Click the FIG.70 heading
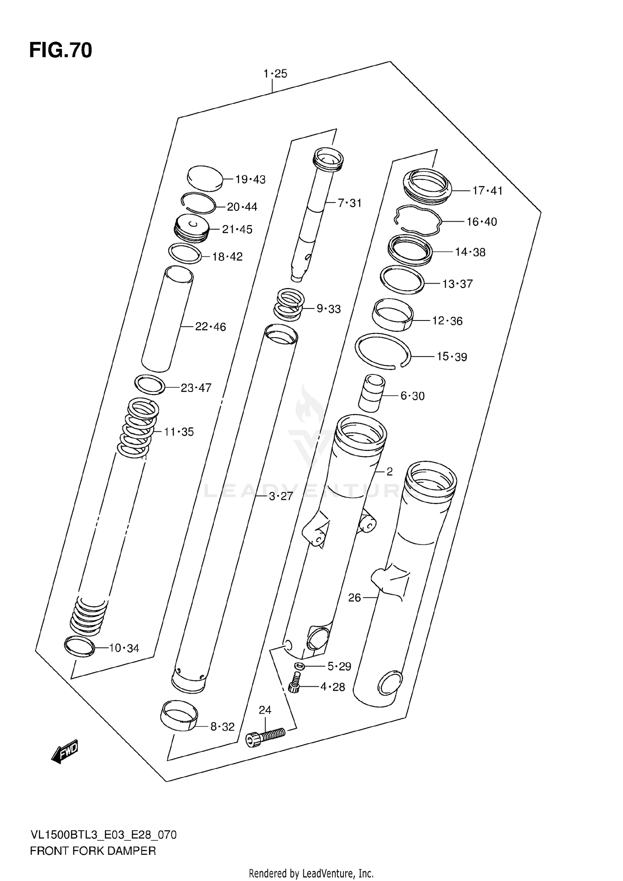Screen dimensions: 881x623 pos(61,51)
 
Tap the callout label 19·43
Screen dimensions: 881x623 pos(250,180)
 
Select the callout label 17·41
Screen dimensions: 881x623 pos(487,191)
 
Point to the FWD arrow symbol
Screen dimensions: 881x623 pos(64,751)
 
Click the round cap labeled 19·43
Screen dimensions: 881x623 pos(205,178)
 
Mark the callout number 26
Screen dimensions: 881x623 pos(354,597)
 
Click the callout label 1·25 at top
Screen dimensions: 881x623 pos(275,74)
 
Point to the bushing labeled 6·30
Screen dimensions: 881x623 pos(371,392)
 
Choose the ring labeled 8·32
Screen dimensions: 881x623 pos(179,715)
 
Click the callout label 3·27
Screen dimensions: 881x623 pos(281,496)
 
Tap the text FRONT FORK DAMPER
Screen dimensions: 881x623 pos(93,851)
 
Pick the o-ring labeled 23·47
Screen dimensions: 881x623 pos(150,385)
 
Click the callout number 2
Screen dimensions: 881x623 pos(389,471)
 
